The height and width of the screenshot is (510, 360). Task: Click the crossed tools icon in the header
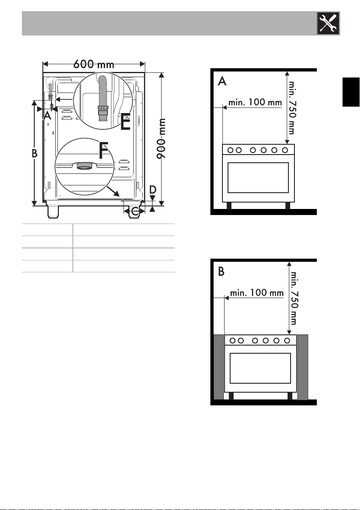[328, 24]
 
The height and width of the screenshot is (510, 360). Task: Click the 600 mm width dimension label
[94, 64]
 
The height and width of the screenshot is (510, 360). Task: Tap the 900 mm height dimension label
[162, 139]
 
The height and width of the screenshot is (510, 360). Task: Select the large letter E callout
[126, 122]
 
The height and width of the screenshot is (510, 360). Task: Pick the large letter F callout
[104, 151]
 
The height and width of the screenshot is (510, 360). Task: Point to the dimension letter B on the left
[35, 153]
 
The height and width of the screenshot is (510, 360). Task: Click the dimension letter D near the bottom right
[153, 190]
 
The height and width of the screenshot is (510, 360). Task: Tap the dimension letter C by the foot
[135, 212]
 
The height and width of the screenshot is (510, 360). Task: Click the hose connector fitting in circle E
[102, 113]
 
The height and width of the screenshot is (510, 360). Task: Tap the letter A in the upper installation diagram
[222, 81]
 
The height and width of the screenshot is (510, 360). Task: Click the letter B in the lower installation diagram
[221, 271]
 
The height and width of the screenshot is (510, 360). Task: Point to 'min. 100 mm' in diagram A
[255, 102]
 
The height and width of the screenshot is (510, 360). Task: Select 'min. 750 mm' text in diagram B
[294, 298]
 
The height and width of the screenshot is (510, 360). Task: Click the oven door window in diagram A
[258, 178]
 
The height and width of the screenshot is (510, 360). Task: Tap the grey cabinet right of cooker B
[303, 367]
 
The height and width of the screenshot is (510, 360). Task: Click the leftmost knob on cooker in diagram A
[231, 150]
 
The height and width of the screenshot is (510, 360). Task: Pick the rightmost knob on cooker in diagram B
[287, 340]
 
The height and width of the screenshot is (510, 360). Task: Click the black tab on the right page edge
[351, 92]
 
